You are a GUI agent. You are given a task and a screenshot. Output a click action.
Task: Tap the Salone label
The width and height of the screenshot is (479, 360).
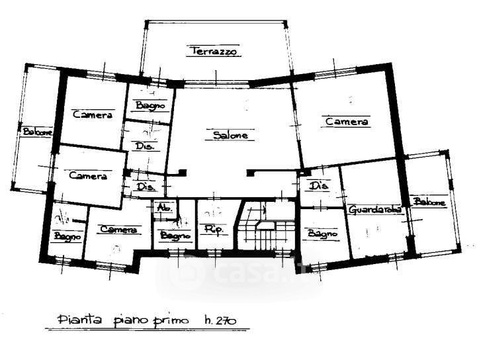pos(230,136)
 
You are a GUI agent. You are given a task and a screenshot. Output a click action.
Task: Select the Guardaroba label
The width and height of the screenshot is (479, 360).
pos(375,210)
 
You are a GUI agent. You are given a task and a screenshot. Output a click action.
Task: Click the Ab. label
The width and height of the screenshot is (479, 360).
pos(163,208)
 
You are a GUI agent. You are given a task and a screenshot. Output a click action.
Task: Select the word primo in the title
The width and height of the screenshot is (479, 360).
pos(173,322)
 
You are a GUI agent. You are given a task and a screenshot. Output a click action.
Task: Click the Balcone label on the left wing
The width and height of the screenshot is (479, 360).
pos(37,132)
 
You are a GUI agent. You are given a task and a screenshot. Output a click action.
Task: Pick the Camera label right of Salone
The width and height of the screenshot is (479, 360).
pos(347,122)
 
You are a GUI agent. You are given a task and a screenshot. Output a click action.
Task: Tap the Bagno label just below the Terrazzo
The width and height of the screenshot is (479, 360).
pos(150,105)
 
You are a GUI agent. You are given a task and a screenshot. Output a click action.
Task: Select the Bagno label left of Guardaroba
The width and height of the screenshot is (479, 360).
pos(322,234)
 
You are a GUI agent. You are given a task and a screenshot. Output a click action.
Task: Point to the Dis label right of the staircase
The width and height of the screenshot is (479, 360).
pos(319,185)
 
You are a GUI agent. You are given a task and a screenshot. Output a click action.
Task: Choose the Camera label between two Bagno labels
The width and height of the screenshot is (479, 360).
pos(118,230)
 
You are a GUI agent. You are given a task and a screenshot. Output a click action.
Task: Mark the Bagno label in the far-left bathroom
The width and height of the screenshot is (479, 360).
pos(67,236)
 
